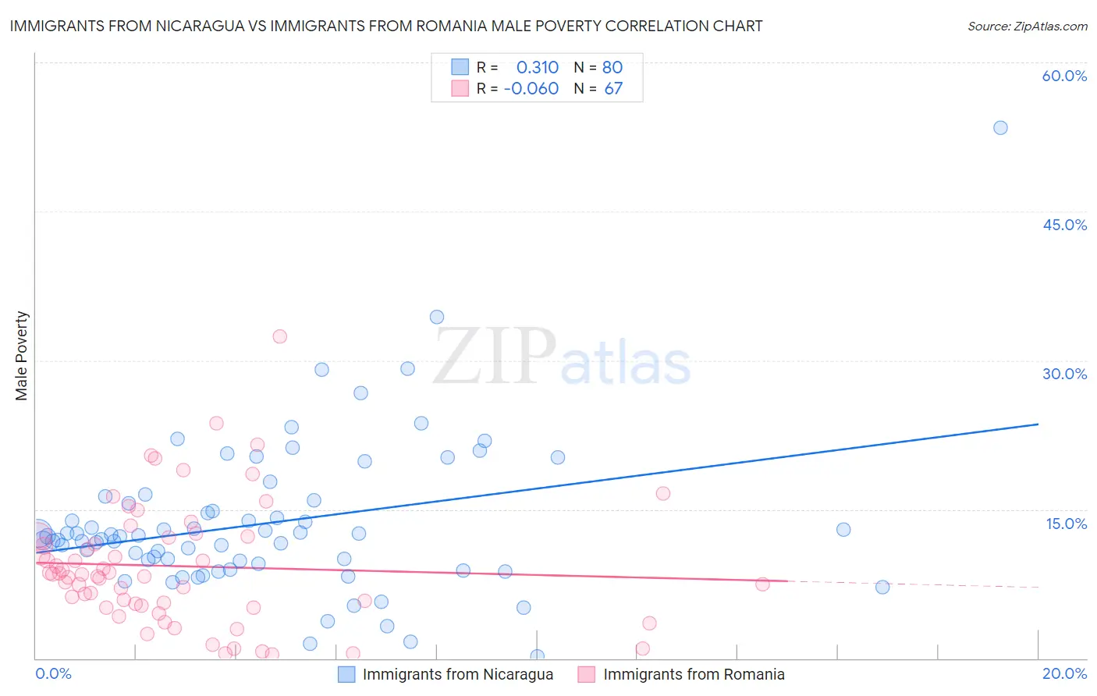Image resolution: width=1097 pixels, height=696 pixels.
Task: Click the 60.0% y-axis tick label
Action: [1064, 76]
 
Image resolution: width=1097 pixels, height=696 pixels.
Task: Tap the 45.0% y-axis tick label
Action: [1064, 225]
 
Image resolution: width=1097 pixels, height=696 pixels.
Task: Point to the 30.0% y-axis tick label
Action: [1064, 374]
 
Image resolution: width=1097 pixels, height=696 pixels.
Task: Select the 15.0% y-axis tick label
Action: [1066, 524]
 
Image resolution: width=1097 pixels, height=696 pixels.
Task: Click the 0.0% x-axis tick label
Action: [53, 673]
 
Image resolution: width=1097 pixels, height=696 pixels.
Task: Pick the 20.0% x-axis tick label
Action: [1064, 673]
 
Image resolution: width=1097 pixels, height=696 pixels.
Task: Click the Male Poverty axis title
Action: [22, 356]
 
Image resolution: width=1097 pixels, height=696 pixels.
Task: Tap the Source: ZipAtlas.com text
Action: [1027, 26]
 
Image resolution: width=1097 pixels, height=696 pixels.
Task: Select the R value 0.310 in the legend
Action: [537, 67]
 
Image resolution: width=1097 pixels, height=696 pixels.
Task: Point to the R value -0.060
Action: [531, 88]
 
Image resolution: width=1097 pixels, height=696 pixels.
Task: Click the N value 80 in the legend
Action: [612, 67]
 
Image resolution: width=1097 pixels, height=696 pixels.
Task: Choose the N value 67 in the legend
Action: [613, 88]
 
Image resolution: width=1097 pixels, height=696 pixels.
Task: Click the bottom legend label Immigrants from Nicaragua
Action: [457, 674]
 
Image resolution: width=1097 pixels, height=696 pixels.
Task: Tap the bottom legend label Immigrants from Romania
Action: [694, 674]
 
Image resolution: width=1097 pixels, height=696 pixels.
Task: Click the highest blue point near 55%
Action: [1000, 127]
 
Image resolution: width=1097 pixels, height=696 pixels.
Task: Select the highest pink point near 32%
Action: [279, 336]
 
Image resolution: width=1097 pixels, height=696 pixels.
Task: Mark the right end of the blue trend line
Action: [1038, 424]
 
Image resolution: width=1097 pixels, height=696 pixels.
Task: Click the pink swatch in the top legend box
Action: [460, 88]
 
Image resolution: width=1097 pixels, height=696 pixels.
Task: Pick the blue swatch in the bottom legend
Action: [346, 674]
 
